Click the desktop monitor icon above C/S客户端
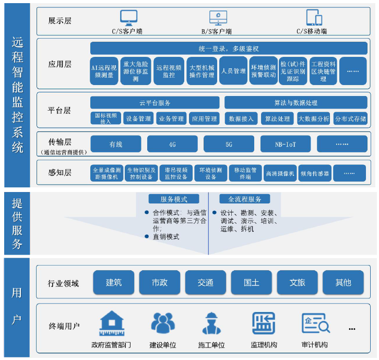pyautogui.click(x=129, y=18)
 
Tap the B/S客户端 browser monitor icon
pyautogui.click(x=218, y=18)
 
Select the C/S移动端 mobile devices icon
pyautogui.click(x=314, y=18)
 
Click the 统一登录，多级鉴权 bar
pyautogui.click(x=229, y=49)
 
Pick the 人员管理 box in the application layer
pyautogui.click(x=233, y=71)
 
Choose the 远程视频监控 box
pyautogui.click(x=169, y=71)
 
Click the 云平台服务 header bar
pyautogui.click(x=155, y=103)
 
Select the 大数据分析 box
pyautogui.click(x=313, y=119)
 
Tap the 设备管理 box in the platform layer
pyautogui.click(x=138, y=119)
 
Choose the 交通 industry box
pyautogui.click(x=205, y=282)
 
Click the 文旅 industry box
pyautogui.click(x=297, y=282)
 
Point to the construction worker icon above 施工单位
pyautogui.click(x=211, y=324)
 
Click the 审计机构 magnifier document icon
pyautogui.click(x=315, y=324)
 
